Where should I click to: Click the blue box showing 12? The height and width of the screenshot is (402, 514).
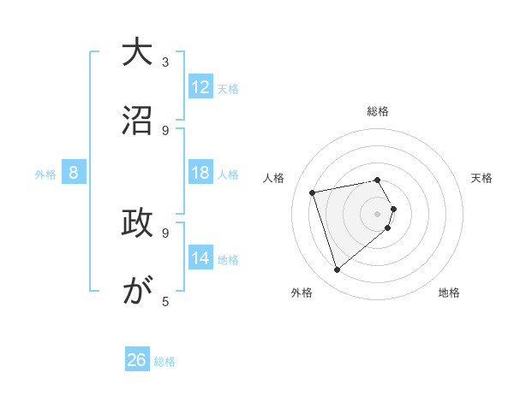[x=200, y=87]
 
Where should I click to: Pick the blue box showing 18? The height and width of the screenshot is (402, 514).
[x=200, y=173]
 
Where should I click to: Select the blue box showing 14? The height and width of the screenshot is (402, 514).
[x=200, y=258]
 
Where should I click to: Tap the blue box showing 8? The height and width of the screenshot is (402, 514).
[x=74, y=173]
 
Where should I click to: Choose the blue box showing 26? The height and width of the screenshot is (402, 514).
[x=137, y=360]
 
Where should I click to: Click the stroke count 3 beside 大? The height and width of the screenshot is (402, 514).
[x=165, y=62]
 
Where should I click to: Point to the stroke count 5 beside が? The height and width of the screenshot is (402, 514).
[x=165, y=301]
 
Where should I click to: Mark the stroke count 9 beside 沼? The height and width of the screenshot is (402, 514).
[x=165, y=130]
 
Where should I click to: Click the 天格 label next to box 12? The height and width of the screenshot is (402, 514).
[x=228, y=89]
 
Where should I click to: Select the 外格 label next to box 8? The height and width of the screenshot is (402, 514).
[x=45, y=174]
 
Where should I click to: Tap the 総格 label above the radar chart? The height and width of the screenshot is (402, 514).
[x=378, y=111]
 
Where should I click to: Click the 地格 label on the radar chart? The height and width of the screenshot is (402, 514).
[x=449, y=293]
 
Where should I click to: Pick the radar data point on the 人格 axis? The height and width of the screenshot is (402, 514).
[x=313, y=192]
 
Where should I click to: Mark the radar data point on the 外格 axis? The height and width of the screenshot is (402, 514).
[x=337, y=270]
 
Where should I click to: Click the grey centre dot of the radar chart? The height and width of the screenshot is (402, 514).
[x=378, y=213]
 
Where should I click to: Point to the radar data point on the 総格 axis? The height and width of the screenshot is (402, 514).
[x=378, y=180]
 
